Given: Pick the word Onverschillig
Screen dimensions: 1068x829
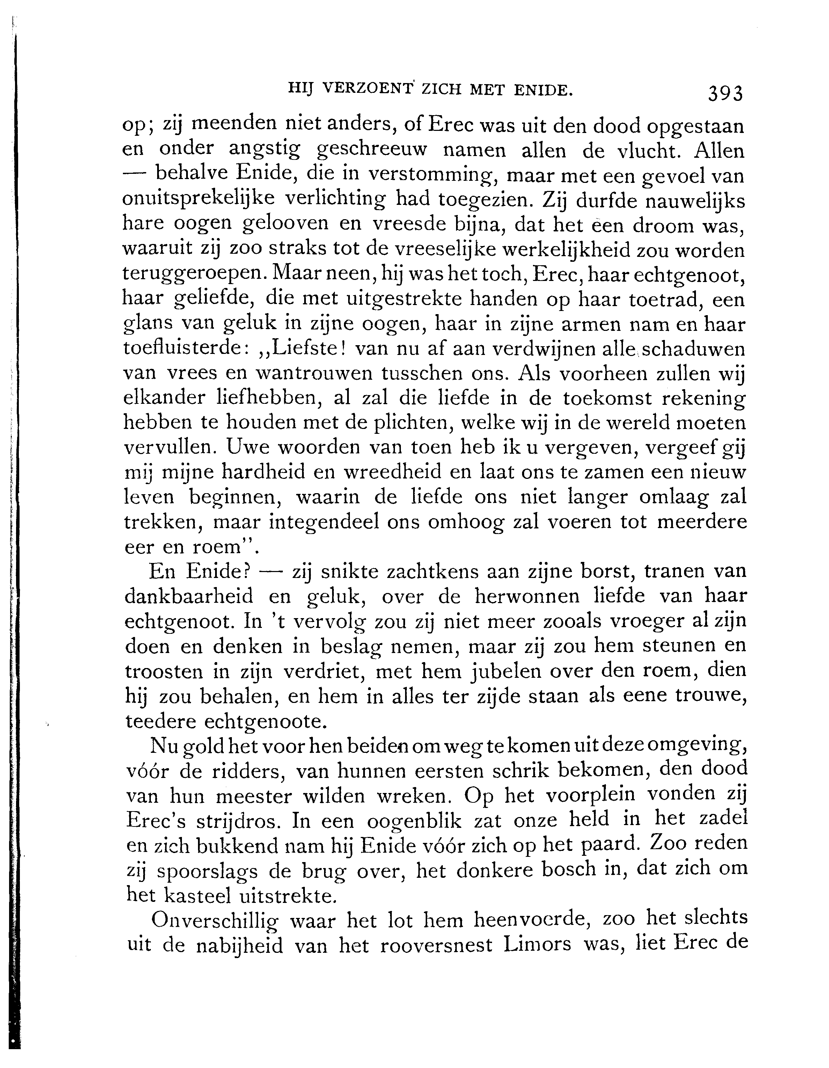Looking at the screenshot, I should coord(215,921).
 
